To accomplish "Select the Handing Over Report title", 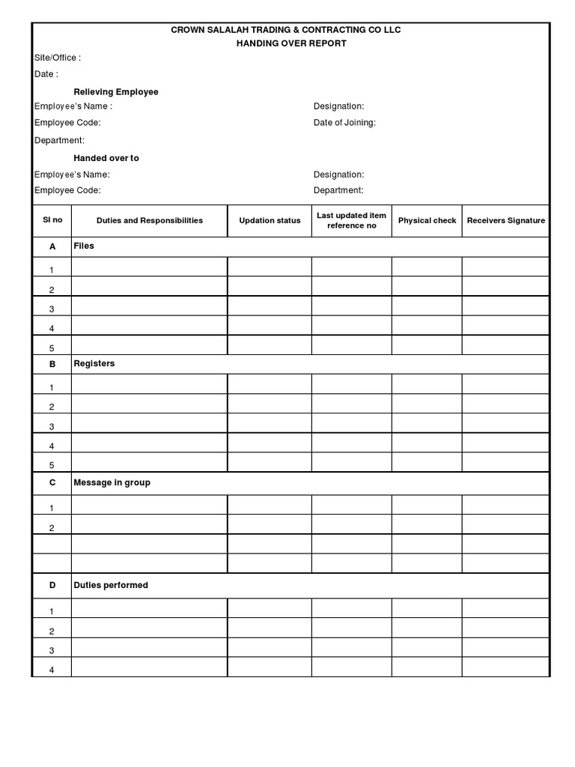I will click(x=291, y=43).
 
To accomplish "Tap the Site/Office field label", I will click(x=58, y=58).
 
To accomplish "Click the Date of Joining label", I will click(x=344, y=123).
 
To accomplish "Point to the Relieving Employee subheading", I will click(x=116, y=91).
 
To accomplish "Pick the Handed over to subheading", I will click(x=106, y=158).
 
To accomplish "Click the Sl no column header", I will click(x=52, y=220).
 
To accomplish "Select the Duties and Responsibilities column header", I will click(x=150, y=220).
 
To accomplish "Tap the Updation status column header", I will click(x=270, y=220).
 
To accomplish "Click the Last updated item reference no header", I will click(x=351, y=220).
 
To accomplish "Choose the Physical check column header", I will click(x=427, y=220).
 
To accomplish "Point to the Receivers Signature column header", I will click(x=506, y=220).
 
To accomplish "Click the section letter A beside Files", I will click(x=52, y=246).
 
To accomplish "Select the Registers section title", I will click(x=94, y=363).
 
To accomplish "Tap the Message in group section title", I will click(x=112, y=482).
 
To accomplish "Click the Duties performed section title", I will click(x=111, y=585).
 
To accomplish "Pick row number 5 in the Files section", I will click(x=52, y=348).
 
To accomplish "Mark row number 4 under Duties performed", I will click(x=52, y=670).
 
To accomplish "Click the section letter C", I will click(x=52, y=482).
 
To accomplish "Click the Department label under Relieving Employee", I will click(x=59, y=140).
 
